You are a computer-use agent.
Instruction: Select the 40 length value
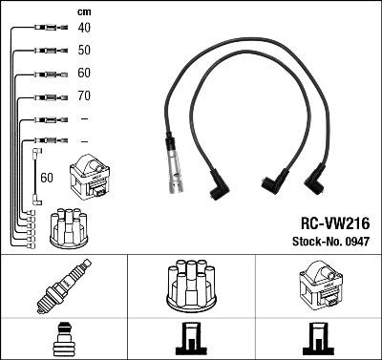[x=84, y=29]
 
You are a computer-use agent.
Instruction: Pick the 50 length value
[x=84, y=51]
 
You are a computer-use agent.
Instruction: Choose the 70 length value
[x=84, y=96]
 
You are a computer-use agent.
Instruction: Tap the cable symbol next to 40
[x=42, y=29]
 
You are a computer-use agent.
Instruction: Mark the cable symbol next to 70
[x=42, y=96]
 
